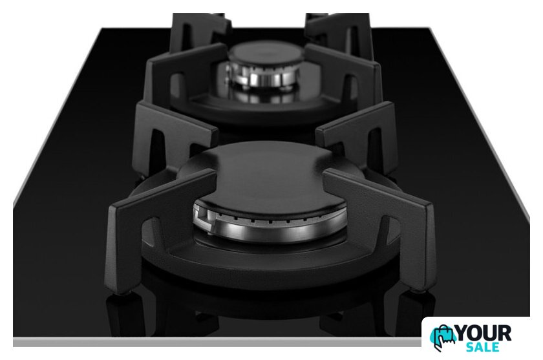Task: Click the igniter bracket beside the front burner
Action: click(201, 217)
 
